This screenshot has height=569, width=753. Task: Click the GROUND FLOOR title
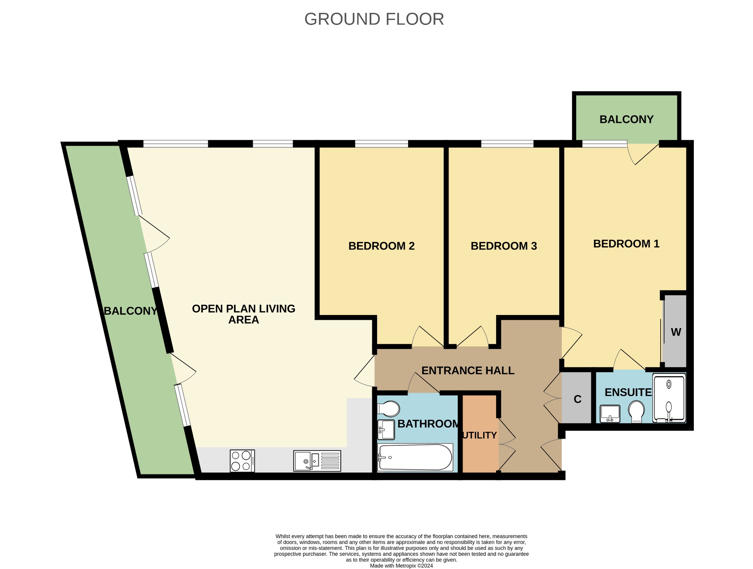click(374, 19)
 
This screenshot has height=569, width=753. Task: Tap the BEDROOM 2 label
click(381, 246)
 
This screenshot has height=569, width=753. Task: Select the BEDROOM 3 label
click(504, 246)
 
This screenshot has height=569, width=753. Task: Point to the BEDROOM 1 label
click(626, 244)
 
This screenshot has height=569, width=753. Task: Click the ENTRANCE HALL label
click(468, 370)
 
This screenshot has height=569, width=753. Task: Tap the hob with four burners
click(242, 461)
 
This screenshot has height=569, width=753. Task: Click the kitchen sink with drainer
click(317, 461)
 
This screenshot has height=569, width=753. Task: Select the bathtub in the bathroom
click(415, 457)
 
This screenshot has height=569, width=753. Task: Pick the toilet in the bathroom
click(388, 409)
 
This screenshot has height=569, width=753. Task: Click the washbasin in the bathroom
click(386, 430)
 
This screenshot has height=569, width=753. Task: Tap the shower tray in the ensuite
click(669, 398)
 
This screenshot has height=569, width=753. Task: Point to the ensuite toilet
click(636, 412)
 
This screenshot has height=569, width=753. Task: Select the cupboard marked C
click(577, 399)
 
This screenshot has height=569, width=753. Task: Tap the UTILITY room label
click(479, 435)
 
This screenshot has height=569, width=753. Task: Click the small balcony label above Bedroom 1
click(627, 119)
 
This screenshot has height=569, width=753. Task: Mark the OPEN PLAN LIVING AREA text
click(243, 314)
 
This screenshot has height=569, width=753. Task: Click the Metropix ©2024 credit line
click(401, 566)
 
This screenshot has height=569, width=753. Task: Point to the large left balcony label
click(131, 311)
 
